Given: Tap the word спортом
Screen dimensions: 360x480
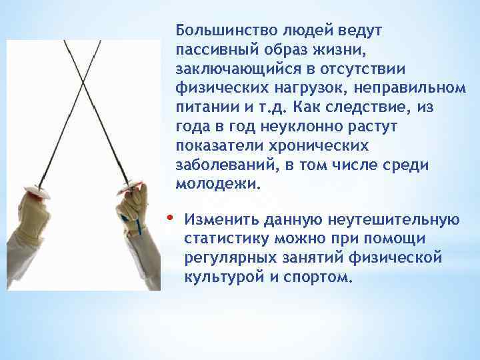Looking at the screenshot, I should click(x=319, y=277).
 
